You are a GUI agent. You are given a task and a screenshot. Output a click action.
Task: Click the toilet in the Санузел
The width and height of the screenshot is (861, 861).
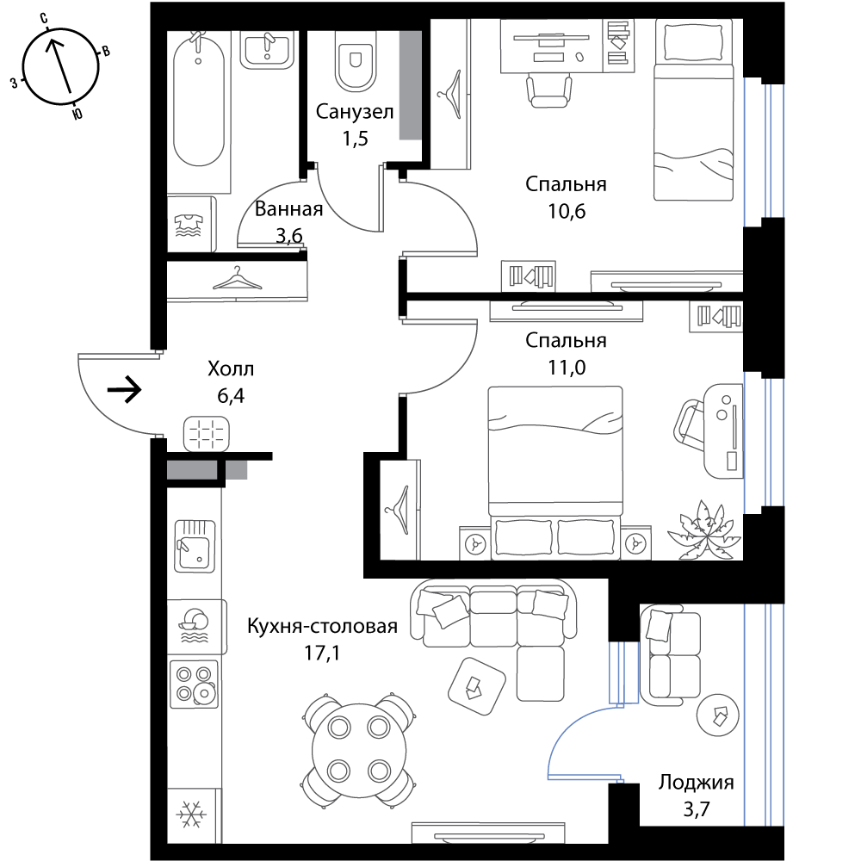coord(356,60)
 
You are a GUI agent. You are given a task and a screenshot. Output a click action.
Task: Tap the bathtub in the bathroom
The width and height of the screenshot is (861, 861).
coord(199,99)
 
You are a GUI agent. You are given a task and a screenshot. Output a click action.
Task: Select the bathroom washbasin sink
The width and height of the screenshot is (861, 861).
coord(267,49)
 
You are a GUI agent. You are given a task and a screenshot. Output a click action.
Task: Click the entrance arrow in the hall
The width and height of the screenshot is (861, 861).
coord(125,390)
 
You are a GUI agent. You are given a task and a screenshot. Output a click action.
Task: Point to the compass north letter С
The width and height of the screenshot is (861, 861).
coord(44,19)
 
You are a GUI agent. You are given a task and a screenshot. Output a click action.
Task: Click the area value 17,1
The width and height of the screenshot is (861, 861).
coord(322,653)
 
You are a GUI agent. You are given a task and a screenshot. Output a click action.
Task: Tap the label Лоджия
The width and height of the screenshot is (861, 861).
coord(697,782)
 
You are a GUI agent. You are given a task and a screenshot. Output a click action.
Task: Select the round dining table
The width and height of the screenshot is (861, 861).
coord(359,750)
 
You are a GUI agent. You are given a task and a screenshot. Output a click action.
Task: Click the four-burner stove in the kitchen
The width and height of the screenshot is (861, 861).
coord(194,684)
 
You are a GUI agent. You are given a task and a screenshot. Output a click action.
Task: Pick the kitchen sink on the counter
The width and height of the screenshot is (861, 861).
coord(195,547)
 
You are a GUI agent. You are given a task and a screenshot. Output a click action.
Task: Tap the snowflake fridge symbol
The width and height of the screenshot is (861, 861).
coord(191,815)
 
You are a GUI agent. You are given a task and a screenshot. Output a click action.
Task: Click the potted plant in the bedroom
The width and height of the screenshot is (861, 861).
coord(704,530)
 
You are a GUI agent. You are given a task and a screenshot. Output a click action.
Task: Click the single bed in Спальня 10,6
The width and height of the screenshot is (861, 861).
coord(693,110)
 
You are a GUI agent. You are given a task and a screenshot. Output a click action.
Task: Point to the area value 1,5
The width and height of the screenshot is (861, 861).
coord(356,139)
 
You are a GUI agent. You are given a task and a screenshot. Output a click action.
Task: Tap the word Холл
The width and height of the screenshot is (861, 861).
coord(231,369)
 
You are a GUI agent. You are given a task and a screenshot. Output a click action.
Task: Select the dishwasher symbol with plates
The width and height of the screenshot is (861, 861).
coord(193,627)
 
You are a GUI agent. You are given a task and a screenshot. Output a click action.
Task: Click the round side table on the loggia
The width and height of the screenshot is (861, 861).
coord(718,715)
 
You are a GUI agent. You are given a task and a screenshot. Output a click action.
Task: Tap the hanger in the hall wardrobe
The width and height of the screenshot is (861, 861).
coord(238,278)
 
